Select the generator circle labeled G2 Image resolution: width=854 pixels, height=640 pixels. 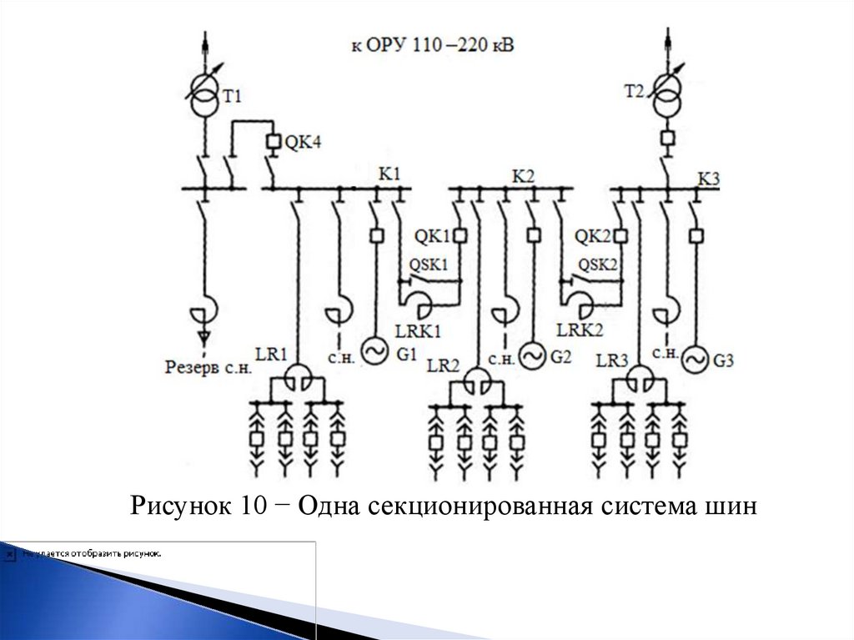pyautogui.click(x=532, y=356)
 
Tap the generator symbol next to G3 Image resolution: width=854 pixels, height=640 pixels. pyautogui.click(x=693, y=360)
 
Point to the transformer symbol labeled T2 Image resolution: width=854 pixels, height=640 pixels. pyautogui.click(x=666, y=96)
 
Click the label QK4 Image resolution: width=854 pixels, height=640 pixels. pyautogui.click(x=303, y=143)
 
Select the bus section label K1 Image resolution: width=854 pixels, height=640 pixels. pyautogui.click(x=389, y=174)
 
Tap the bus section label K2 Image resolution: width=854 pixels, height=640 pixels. pyautogui.click(x=523, y=175)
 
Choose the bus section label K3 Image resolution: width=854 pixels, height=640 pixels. pyautogui.click(x=708, y=178)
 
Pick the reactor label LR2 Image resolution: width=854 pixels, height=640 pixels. pyautogui.click(x=444, y=365)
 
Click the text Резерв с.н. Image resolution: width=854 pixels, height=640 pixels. pyautogui.click(x=203, y=365)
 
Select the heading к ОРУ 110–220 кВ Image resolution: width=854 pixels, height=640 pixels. pyautogui.click(x=432, y=44)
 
